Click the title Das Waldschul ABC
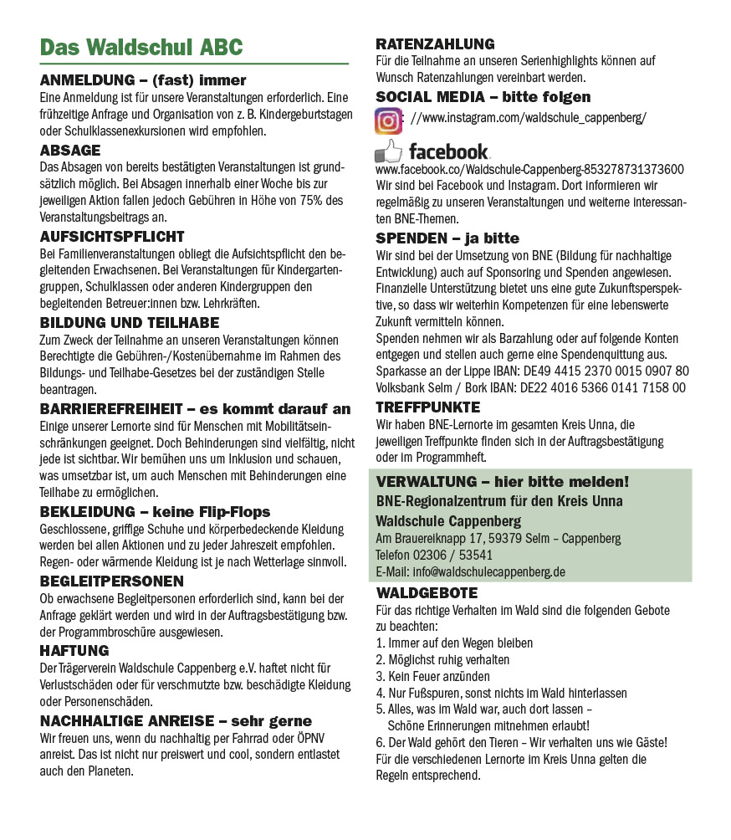(141, 47)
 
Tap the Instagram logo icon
(388, 120)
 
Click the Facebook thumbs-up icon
(388, 151)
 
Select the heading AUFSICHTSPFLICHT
(112, 237)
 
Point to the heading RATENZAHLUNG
(435, 44)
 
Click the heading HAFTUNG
(74, 650)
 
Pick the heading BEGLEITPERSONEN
(111, 581)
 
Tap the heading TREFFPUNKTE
(427, 407)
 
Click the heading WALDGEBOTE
(427, 593)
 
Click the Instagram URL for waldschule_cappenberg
(529, 118)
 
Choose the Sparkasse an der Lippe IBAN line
(532, 371)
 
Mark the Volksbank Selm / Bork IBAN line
(530, 387)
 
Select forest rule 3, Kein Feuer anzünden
(432, 676)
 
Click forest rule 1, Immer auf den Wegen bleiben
(454, 643)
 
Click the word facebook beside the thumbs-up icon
(448, 151)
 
